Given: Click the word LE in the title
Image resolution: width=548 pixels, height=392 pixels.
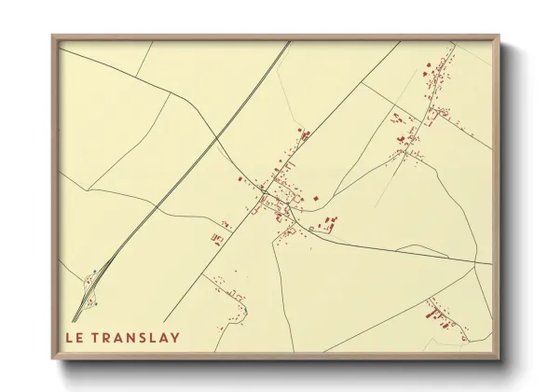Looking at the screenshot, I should click(x=75, y=336).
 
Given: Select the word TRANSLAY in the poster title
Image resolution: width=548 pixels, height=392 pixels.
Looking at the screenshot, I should click(x=138, y=336).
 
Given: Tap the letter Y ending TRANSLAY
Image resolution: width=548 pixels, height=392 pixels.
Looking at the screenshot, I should click(x=175, y=336).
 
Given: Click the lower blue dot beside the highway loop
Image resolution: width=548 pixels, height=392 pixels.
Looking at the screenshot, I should click(x=95, y=303).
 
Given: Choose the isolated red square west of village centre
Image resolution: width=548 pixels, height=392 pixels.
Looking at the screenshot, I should click(x=240, y=178).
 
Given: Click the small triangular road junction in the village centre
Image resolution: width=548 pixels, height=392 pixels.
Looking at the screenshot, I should click(x=265, y=192).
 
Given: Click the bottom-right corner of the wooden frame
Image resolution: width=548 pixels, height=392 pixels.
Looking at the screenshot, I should click(x=500, y=357).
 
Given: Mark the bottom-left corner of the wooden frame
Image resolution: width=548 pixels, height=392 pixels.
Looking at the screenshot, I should click(x=53, y=357).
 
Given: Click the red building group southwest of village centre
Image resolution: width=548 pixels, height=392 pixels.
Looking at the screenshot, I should click(x=218, y=238).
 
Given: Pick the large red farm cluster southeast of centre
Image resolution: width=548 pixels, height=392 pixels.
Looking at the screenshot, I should click(x=328, y=224).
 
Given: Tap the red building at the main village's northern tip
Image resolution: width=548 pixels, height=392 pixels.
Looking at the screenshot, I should click(x=300, y=130).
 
